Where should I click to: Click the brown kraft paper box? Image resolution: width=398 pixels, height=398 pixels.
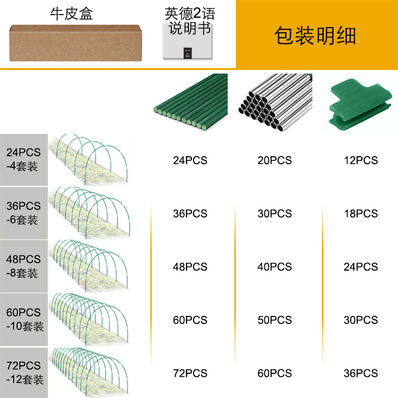coord(76,43)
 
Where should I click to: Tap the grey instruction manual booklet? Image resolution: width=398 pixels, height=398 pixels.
coord(187,41)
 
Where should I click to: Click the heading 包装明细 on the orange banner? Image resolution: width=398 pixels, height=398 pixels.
coord(315,36)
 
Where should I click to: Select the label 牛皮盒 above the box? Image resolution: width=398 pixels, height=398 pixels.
coord(72,14)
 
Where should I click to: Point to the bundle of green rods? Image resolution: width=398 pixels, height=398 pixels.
coord(191,102)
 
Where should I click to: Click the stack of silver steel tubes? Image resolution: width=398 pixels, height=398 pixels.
coord(276,102)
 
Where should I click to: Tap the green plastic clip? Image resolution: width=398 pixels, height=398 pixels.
coord(360,104)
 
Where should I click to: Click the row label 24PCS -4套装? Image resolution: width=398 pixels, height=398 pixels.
coord(23,159)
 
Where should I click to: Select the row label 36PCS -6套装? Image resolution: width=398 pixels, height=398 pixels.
coord(23,213)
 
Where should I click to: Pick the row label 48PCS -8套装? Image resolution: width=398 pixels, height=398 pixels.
coord(23,267)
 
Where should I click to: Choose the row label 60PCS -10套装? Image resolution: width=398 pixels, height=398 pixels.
coord(25,319)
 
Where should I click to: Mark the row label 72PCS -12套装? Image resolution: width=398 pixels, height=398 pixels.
coord(25,373)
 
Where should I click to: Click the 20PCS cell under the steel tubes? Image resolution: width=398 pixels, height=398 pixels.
coord(275,160)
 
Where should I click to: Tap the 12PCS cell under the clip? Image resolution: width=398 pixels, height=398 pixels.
coord(361,160)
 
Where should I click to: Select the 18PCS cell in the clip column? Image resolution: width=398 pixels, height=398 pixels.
coord(361,214)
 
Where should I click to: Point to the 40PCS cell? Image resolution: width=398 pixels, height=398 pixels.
coord(275,267)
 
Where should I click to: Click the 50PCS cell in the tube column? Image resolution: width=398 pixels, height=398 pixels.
coord(275,320)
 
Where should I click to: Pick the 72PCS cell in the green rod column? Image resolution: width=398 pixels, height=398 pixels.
coord(190,373)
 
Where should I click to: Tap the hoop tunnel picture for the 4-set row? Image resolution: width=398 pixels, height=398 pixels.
coord(90,160)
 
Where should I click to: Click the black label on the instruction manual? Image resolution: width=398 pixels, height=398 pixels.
coord(187,53)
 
